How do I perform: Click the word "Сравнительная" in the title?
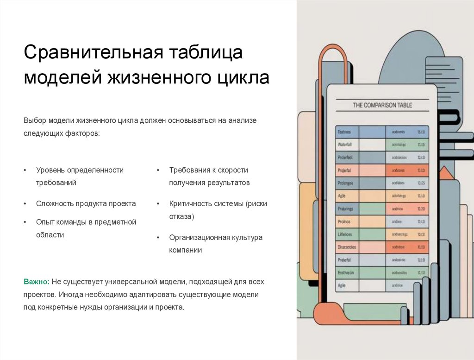tap(92, 52)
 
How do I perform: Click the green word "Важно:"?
tap(37, 282)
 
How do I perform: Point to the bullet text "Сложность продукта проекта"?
tap(86, 203)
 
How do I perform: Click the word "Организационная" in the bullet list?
tap(200, 238)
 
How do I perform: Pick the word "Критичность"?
tap(190, 203)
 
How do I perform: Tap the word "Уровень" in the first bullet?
tap(49, 170)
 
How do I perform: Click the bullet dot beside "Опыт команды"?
tap(25, 222)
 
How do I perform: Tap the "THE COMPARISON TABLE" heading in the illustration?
tap(382, 105)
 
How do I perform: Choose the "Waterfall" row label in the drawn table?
tap(345, 145)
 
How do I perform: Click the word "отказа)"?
tap(181, 216)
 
